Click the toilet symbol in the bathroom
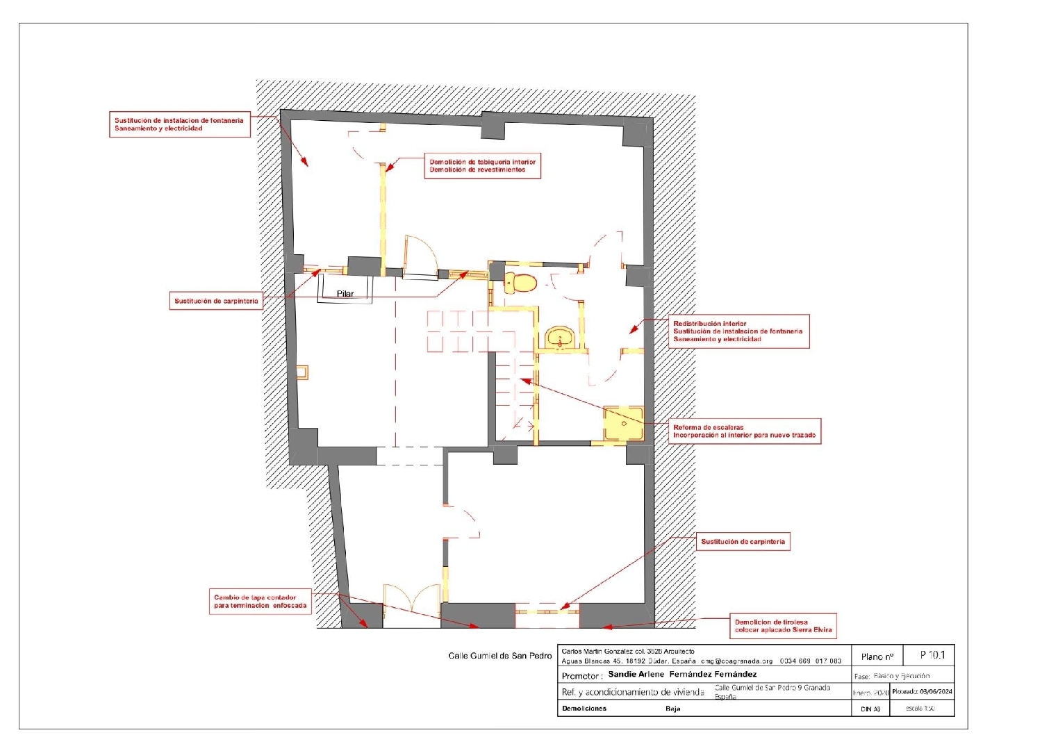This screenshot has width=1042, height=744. tap(520, 283)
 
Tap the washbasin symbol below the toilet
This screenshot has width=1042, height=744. tap(560, 339)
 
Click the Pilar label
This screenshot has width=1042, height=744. tap(345, 294)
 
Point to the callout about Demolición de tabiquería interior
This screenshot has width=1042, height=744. tap(482, 166)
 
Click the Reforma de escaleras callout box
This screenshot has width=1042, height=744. tap(744, 431)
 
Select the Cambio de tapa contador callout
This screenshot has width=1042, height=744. tap(260, 602)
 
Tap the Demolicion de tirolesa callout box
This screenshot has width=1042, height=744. tap(783, 626)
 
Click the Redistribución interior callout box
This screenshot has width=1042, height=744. tap(738, 331)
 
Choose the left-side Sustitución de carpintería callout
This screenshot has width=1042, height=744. tap(216, 301)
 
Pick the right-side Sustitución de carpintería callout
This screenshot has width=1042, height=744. tap(743, 542)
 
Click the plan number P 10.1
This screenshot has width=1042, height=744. tap(932, 655)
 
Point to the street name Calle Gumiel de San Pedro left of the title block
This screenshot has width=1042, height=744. tap(499, 656)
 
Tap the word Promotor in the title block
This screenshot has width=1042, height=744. tap(581, 676)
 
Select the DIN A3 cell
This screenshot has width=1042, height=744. tap(870, 709)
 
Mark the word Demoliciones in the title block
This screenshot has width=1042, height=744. tap(584, 709)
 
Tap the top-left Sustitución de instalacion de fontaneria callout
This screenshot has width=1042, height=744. tap(179, 124)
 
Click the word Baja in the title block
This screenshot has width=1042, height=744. tap(672, 709)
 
